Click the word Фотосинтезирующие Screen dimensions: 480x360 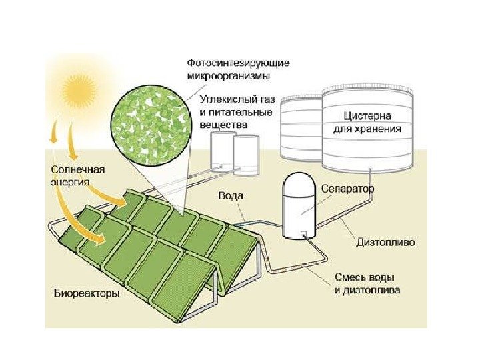[x=238, y=63]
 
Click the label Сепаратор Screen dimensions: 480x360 [x=348, y=189]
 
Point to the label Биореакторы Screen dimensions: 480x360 [x=87, y=293]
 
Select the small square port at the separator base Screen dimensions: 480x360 [x=303, y=234]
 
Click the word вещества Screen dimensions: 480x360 [x=223, y=125]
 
